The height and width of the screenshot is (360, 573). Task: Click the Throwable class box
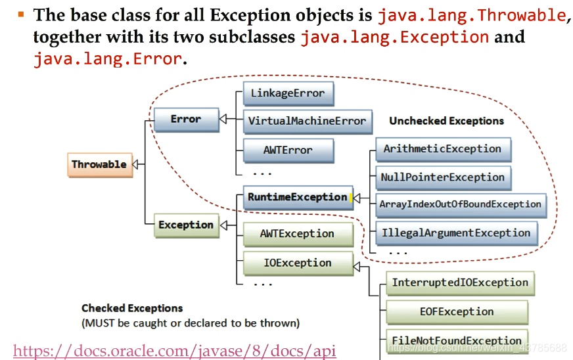point(99,164)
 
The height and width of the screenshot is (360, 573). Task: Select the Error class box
point(186,119)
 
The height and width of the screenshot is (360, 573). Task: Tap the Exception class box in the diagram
point(186,225)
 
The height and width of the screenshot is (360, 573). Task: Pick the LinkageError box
point(287,93)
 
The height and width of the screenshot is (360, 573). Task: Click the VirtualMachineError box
point(307,121)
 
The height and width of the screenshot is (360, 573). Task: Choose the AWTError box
point(288,150)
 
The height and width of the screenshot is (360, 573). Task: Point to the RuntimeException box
point(297,197)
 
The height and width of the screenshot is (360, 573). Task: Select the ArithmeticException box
point(442,149)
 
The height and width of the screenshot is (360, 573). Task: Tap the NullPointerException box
point(442,177)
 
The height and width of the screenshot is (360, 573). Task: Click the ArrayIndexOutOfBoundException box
point(460,204)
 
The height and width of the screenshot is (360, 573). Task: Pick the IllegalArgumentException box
point(456,233)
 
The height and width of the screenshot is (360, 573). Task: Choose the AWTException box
point(297,234)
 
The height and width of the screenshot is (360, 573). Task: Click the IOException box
point(297,263)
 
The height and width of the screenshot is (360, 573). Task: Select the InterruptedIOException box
point(460,282)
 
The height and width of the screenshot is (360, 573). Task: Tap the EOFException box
point(457,311)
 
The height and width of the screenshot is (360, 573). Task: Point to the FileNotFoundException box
point(457,340)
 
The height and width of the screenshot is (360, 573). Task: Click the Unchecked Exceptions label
point(446,121)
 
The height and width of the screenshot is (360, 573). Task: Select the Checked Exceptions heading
point(132,307)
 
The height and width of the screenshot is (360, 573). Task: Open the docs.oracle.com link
point(175,351)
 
